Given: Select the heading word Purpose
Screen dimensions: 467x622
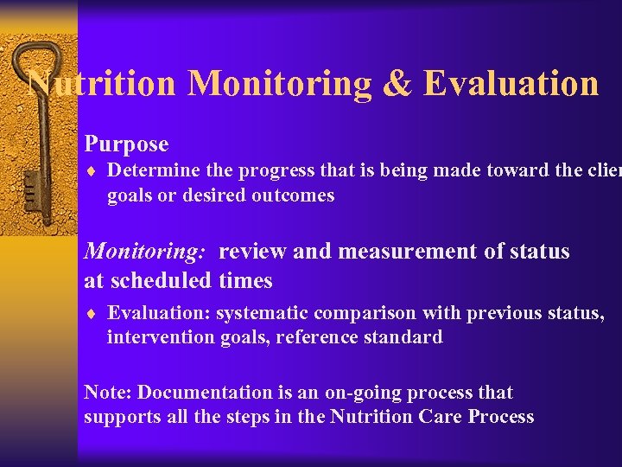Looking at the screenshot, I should pyautogui.click(x=126, y=144).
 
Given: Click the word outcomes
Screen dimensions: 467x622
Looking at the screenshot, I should pyautogui.click(x=293, y=195).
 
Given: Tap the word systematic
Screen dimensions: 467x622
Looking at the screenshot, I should pyautogui.click(x=257, y=312).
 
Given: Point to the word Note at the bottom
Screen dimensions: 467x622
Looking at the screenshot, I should pyautogui.click(x=104, y=393).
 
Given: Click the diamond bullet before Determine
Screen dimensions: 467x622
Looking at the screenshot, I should pyautogui.click(x=93, y=172).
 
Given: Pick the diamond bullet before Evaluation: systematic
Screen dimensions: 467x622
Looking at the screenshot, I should pyautogui.click(x=93, y=313).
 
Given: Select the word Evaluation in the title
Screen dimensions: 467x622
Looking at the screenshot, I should pyautogui.click(x=511, y=84).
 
